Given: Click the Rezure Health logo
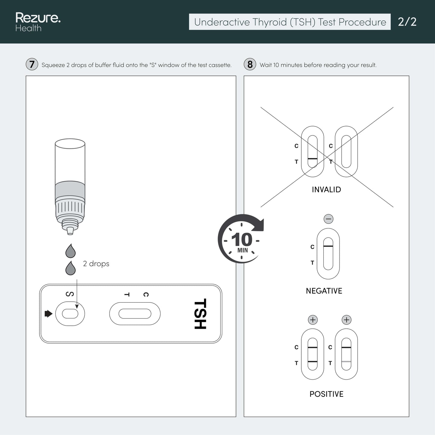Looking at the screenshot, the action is pyautogui.click(x=38, y=22).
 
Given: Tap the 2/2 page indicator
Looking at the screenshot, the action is pyautogui.click(x=407, y=22).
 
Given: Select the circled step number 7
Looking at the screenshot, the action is pyautogui.click(x=32, y=64).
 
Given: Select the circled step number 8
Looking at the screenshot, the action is pyautogui.click(x=250, y=64).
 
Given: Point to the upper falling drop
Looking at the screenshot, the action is pyautogui.click(x=70, y=251).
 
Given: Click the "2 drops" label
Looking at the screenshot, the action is pyautogui.click(x=96, y=263).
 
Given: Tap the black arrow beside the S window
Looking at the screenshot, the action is pyautogui.click(x=48, y=314).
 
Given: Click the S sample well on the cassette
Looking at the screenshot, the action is pyautogui.click(x=70, y=314).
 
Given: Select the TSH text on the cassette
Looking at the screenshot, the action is pyautogui.click(x=200, y=314).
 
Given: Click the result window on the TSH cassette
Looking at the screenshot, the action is pyautogui.click(x=135, y=314).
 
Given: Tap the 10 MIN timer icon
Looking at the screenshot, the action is pyautogui.click(x=241, y=239).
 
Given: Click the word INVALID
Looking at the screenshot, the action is pyautogui.click(x=326, y=190).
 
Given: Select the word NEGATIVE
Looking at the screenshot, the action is pyautogui.click(x=324, y=291).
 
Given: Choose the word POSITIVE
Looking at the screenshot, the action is pyautogui.click(x=326, y=394).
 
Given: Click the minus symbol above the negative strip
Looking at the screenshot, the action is pyautogui.click(x=328, y=219).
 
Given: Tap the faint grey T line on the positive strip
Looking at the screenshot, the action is pyautogui.click(x=346, y=362).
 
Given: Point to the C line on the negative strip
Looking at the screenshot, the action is pyautogui.click(x=328, y=246).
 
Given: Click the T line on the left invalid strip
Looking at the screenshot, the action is pyautogui.click(x=312, y=159).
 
